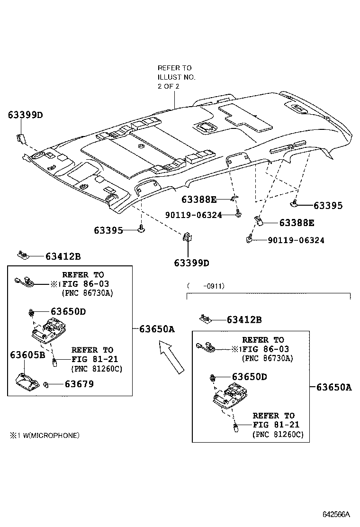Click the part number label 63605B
pos(27,354)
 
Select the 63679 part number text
pos(79,384)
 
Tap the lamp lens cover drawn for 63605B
pos(28,380)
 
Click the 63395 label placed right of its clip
pos(328,206)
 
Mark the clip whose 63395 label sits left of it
pos(141,230)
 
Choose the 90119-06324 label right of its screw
pos(296,240)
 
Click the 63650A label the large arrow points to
pos(157,329)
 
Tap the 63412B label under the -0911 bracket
pos(244,320)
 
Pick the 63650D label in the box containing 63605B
pos(68,311)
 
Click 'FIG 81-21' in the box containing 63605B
pos(95,359)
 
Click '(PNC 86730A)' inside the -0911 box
pos(267,358)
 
